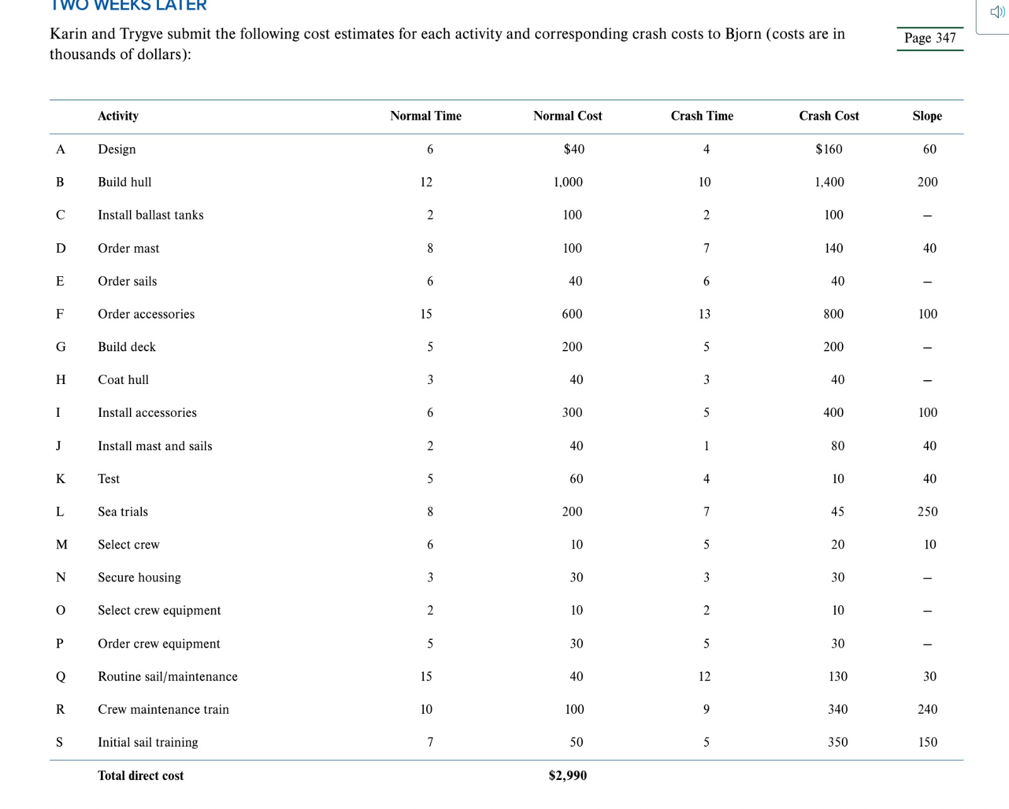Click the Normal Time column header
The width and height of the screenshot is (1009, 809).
(426, 116)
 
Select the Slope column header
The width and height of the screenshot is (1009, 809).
(927, 116)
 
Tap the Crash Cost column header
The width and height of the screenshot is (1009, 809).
(829, 116)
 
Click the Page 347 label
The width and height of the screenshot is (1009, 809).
(930, 38)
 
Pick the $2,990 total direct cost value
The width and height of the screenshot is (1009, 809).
(568, 776)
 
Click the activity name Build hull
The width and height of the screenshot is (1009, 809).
(124, 182)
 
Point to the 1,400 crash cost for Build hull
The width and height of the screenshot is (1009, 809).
(829, 182)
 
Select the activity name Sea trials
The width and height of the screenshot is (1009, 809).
(123, 512)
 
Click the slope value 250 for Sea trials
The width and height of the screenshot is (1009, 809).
(927, 512)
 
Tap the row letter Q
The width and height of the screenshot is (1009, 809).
(61, 677)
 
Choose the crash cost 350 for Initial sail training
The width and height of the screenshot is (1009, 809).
(837, 743)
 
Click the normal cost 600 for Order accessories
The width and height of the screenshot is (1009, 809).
(572, 314)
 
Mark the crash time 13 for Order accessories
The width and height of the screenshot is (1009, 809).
(704, 314)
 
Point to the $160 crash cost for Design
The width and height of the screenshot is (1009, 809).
(829, 149)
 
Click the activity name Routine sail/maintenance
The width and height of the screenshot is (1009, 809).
(168, 677)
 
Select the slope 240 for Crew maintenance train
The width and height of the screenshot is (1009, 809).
(927, 709)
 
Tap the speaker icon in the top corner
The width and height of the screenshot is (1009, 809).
(997, 12)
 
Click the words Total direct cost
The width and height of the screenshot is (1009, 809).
(141, 776)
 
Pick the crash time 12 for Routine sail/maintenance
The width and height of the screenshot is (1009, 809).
(704, 677)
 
